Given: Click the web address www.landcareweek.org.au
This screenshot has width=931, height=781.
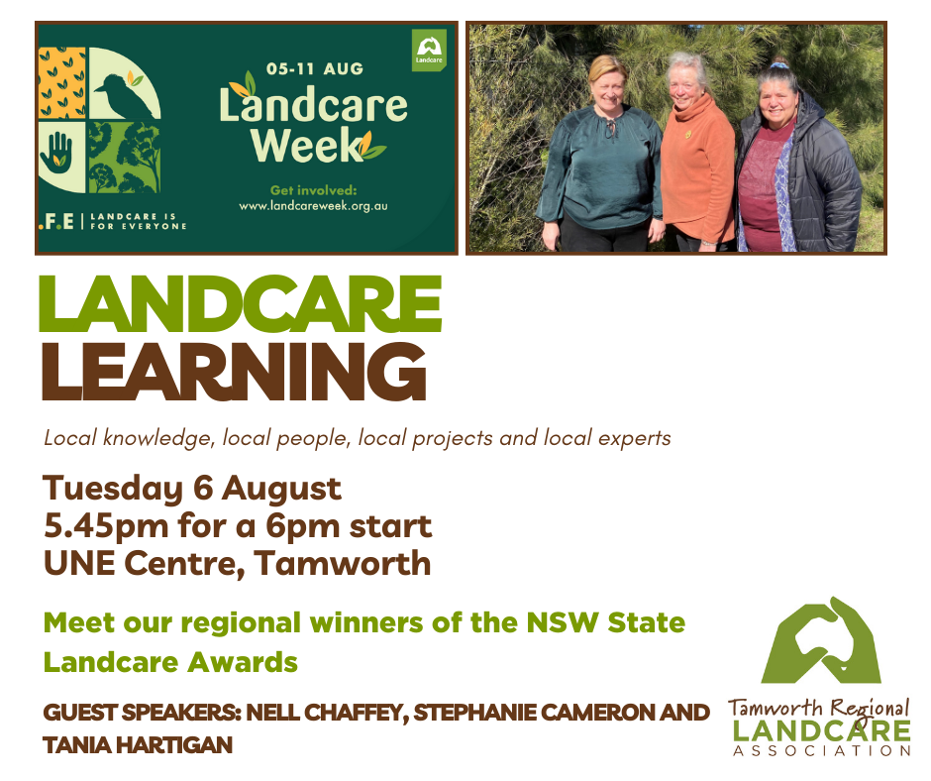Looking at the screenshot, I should point(312,206).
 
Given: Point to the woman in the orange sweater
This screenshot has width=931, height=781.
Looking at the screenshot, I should point(696,159).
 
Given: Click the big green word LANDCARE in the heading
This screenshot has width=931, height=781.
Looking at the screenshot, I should point(240,304).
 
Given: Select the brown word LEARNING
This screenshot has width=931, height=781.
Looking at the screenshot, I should point(233,372).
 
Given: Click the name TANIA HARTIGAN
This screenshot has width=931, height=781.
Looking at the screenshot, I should point(137,744).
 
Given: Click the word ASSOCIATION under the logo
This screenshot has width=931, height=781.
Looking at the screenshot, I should point(820,750).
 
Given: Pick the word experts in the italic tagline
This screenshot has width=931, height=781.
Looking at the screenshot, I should point(635,437).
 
